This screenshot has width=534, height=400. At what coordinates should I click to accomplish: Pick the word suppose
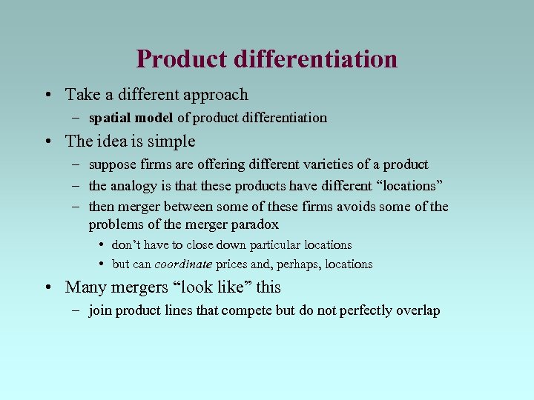tap(111, 164)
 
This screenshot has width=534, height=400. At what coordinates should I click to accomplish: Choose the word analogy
tap(133, 185)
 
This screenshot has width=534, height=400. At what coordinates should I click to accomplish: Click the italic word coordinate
tap(183, 264)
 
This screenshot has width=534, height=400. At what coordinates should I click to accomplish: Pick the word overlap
tap(417, 310)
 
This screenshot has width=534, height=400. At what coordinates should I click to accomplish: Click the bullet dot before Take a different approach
tap(47, 96)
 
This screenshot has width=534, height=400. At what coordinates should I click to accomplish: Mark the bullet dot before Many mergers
tap(47, 287)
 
